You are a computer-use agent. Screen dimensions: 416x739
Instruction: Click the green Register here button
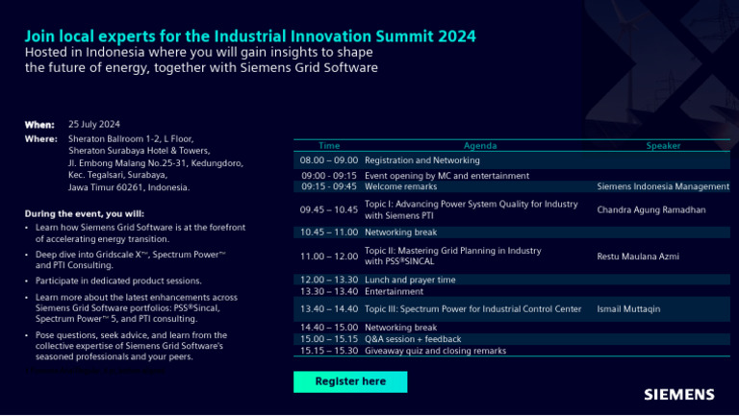(x=350, y=381)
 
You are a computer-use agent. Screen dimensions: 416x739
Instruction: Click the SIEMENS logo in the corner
(x=679, y=394)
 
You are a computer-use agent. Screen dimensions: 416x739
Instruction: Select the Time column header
(x=329, y=146)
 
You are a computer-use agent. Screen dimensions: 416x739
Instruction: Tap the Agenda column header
(x=479, y=146)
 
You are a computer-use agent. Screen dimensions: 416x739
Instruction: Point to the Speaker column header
(x=663, y=146)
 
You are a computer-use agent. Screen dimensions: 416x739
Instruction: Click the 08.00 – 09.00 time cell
(x=329, y=160)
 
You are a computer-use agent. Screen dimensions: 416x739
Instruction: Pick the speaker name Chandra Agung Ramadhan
(x=651, y=208)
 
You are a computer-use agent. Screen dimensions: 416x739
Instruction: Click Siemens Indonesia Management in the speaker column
(x=663, y=186)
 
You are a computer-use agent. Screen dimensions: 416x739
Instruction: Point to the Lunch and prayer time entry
(x=410, y=280)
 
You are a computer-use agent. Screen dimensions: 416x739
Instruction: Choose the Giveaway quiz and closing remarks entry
(x=435, y=351)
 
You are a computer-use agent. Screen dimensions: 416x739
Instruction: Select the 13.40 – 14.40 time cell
(x=329, y=309)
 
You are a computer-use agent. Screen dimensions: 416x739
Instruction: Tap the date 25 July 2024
(x=94, y=124)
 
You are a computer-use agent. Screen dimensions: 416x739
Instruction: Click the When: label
(x=39, y=124)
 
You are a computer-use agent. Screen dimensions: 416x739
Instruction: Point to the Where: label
(x=41, y=139)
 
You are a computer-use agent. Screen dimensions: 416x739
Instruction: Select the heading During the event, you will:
(x=85, y=213)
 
